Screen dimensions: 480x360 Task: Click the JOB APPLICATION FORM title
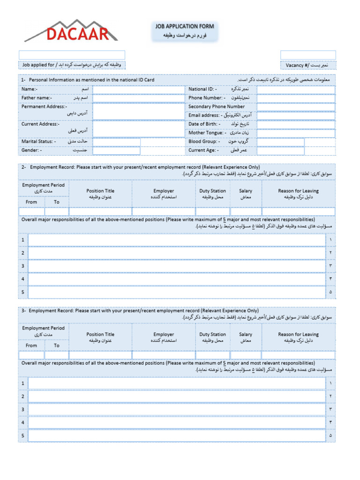[x=184, y=27]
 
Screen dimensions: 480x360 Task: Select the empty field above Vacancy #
[x=308, y=55]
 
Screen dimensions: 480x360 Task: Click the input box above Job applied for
[x=72, y=55]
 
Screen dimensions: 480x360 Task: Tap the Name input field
[x=139, y=90]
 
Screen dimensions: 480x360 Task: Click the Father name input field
[x=139, y=98]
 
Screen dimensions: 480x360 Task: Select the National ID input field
[x=296, y=90]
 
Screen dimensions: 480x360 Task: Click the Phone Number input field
[x=296, y=98]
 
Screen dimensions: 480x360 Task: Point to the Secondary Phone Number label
[x=216, y=107]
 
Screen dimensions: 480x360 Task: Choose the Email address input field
[x=296, y=115]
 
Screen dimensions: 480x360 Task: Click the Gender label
[x=31, y=150]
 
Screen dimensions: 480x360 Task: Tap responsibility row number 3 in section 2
[x=177, y=266]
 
